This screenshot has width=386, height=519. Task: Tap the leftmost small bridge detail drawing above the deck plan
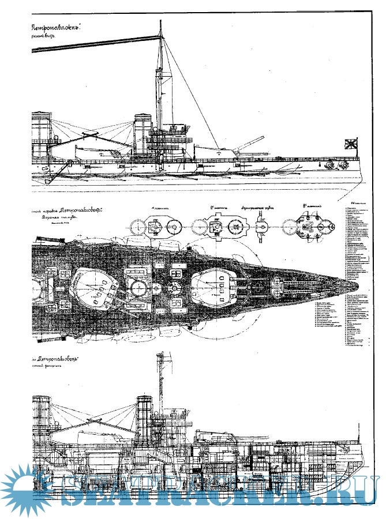pyautogui.click(x=156, y=227)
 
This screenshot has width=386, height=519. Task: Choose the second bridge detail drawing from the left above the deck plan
pyautogui.click(x=216, y=227)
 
